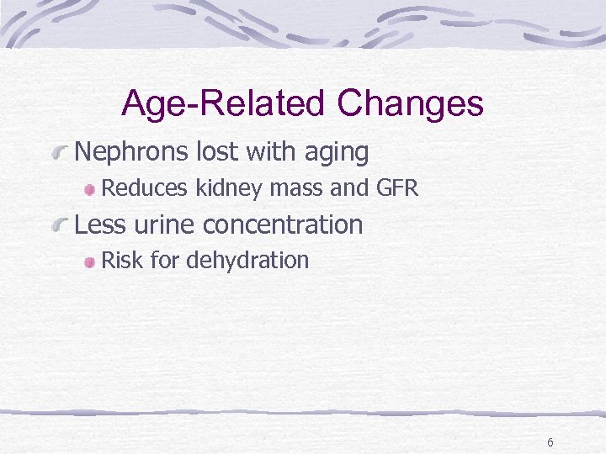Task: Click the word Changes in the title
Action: coord(410,104)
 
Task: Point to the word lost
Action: coord(216,152)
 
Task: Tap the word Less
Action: coord(99,224)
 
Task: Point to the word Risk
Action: coord(121,261)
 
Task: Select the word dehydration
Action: coord(247,261)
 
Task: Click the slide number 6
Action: coord(550,442)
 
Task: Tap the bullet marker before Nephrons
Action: coord(59,154)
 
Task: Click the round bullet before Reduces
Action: coord(89,190)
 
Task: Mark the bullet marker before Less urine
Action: coord(59,226)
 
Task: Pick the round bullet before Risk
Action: coord(89,262)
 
